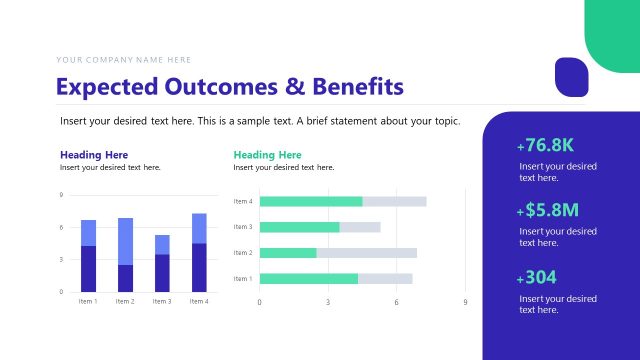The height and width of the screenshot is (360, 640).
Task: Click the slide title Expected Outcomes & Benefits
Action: pos(230,86)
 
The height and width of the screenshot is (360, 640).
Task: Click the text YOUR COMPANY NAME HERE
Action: pos(124,60)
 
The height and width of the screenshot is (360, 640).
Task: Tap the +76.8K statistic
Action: pos(546,145)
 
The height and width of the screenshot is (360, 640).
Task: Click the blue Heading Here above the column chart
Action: pos(94,155)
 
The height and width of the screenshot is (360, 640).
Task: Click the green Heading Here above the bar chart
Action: pos(267,155)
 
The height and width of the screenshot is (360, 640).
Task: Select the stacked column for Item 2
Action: pos(125,255)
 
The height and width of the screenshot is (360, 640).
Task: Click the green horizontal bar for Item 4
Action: pos(311,201)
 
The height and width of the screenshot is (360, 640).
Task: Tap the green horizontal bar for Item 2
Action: pos(288,253)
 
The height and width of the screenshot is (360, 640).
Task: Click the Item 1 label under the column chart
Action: pos(88,301)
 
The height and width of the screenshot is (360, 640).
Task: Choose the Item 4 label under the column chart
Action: pos(199,301)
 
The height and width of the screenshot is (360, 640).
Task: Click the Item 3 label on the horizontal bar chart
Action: pos(242,227)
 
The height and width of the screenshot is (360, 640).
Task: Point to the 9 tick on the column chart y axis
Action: pos(62,195)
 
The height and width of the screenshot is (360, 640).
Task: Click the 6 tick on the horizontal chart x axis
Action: pos(396,301)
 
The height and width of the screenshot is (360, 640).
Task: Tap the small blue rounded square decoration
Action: pos(571,76)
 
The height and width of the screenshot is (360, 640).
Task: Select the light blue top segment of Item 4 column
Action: pos(199,228)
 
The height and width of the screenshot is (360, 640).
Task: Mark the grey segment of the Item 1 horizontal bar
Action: pos(385,278)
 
